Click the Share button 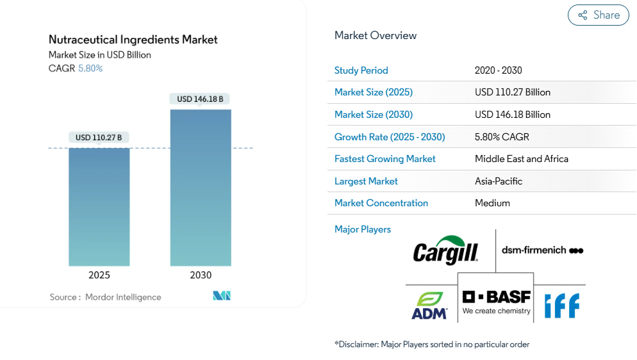click(x=598, y=15)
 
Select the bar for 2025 click(x=99, y=206)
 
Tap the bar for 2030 click(x=201, y=187)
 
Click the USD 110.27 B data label click(x=99, y=137)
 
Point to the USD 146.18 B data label click(x=200, y=99)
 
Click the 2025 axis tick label click(x=99, y=275)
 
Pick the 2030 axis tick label click(x=201, y=275)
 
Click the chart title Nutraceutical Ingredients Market click(x=133, y=40)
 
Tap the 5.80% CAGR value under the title click(x=90, y=69)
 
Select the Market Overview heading click(x=376, y=36)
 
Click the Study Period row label click(x=361, y=70)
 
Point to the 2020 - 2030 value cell click(x=499, y=70)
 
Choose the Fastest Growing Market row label click(x=385, y=159)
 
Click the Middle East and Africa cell click(x=522, y=159)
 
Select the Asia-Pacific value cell click(x=499, y=181)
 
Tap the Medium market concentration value click(x=492, y=203)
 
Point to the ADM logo click(x=430, y=306)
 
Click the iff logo click(x=561, y=306)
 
